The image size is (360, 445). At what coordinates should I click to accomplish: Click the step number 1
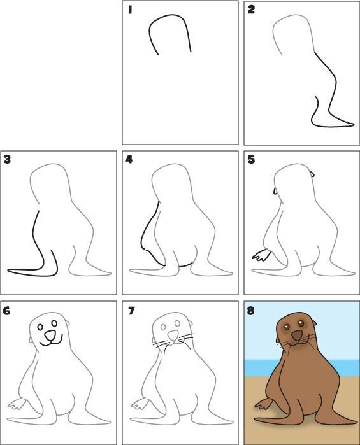click(x=129, y=10)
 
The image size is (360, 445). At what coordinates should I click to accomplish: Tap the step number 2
click(x=252, y=10)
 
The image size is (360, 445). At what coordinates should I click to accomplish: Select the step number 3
click(x=8, y=159)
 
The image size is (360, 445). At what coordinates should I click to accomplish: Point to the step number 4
click(x=129, y=159)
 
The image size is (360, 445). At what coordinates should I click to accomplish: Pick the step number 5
click(x=252, y=159)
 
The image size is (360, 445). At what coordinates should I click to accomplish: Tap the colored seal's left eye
click(x=287, y=327)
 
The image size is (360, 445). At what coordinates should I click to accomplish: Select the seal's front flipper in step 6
click(x=17, y=404)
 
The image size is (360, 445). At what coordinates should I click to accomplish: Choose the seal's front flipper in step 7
click(x=139, y=404)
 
